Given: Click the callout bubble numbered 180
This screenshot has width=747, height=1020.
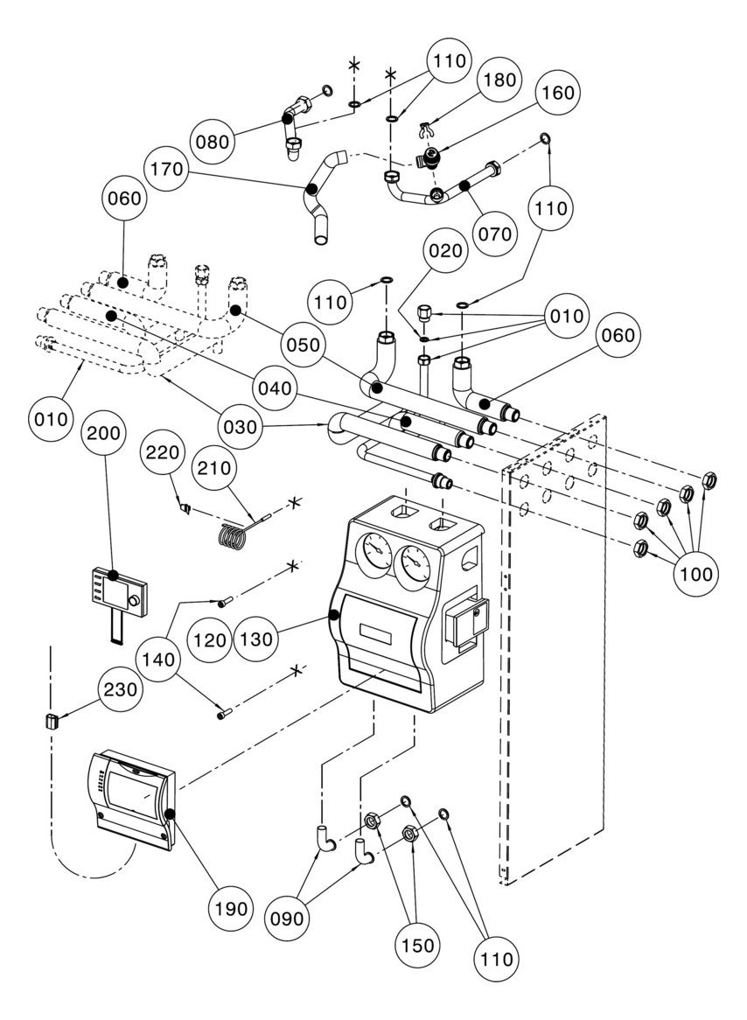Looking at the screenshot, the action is (x=499, y=80).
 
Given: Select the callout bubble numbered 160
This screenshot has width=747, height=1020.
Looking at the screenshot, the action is (x=558, y=93).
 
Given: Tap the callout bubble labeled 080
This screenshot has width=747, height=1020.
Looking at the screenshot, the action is (x=213, y=141).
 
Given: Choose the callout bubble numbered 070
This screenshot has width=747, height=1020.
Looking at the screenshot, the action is (x=495, y=234).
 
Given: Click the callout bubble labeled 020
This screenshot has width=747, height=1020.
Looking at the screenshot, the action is (x=446, y=250).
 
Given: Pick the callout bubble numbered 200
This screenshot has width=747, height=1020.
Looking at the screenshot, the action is (x=103, y=433).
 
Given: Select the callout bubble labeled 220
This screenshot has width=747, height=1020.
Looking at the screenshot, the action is (x=162, y=452).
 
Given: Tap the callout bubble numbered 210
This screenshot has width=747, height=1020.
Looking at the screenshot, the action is (x=214, y=467).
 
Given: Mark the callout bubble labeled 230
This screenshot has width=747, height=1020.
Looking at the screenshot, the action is (x=121, y=688).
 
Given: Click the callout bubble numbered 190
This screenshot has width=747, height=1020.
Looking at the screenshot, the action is (x=233, y=908).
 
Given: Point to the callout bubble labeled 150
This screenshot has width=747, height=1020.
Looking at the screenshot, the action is (x=417, y=945).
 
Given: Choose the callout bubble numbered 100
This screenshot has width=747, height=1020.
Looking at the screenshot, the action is (x=695, y=574).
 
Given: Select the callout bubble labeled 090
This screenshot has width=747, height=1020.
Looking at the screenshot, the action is (x=287, y=919).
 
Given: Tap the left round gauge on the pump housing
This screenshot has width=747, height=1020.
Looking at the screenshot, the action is (x=374, y=555).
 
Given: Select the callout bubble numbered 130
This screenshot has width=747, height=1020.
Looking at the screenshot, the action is (x=256, y=639).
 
